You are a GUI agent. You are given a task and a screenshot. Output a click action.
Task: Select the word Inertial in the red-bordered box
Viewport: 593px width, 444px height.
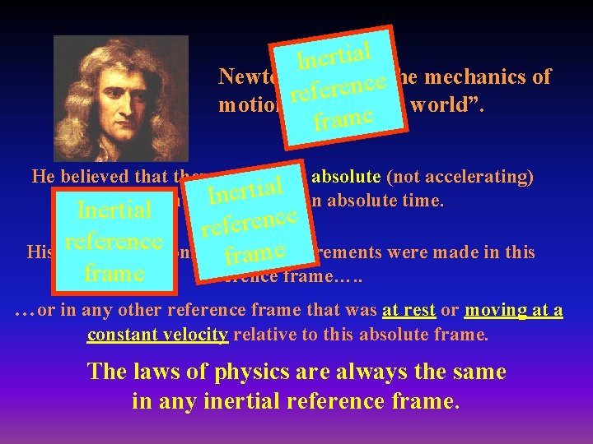(x=114, y=210)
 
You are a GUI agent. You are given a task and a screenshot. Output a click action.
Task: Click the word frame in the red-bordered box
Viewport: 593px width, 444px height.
(x=114, y=272)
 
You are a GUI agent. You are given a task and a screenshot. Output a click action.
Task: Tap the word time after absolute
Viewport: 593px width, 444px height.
(x=427, y=200)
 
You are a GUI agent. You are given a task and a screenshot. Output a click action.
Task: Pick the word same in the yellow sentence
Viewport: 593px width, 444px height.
(x=477, y=372)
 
